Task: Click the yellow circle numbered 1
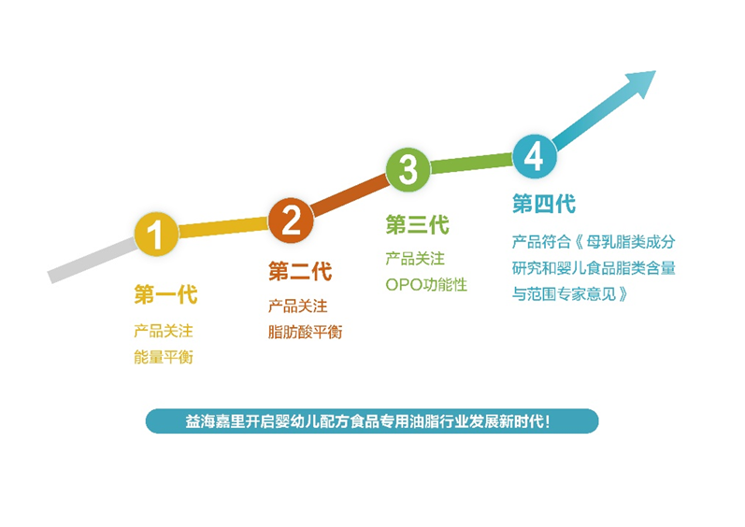pyautogui.click(x=156, y=234)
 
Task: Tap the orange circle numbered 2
pyautogui.click(x=291, y=221)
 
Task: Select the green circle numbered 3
pyautogui.click(x=408, y=169)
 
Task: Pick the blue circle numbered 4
pyautogui.click(x=535, y=156)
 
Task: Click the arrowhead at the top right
pyautogui.click(x=642, y=82)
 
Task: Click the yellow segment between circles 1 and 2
pyautogui.click(x=223, y=227)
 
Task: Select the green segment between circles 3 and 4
pyautogui.click(x=471, y=163)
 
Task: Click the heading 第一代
pyautogui.click(x=165, y=294)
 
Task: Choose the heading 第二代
pyautogui.click(x=300, y=271)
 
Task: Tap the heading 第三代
pyautogui.click(x=417, y=224)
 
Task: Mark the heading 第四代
pyautogui.click(x=544, y=204)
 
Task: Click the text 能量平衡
pyautogui.click(x=164, y=357)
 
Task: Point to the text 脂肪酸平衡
pyautogui.click(x=305, y=332)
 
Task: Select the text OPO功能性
pyautogui.click(x=426, y=285)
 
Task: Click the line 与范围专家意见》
pyautogui.click(x=569, y=294)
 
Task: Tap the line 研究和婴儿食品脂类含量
pyautogui.click(x=594, y=268)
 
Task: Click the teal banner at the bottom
pyautogui.click(x=372, y=421)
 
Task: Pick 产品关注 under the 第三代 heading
pyautogui.click(x=415, y=259)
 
